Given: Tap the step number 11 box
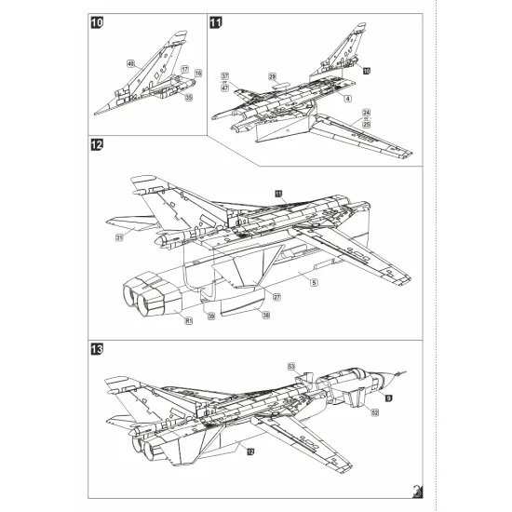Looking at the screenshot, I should click(217, 22).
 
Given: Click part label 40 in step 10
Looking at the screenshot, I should click(131, 62).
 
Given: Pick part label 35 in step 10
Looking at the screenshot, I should click(188, 96).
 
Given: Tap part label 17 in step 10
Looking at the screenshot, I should click(184, 71).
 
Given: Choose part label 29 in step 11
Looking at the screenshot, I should click(273, 75).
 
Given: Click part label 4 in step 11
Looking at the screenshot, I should click(346, 98).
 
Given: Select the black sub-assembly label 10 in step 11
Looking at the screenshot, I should click(366, 71).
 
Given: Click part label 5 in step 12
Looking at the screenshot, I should click(314, 281).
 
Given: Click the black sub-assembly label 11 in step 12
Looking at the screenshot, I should click(277, 192).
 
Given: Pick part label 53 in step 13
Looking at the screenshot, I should click(290, 366).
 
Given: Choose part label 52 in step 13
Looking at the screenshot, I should click(374, 411).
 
